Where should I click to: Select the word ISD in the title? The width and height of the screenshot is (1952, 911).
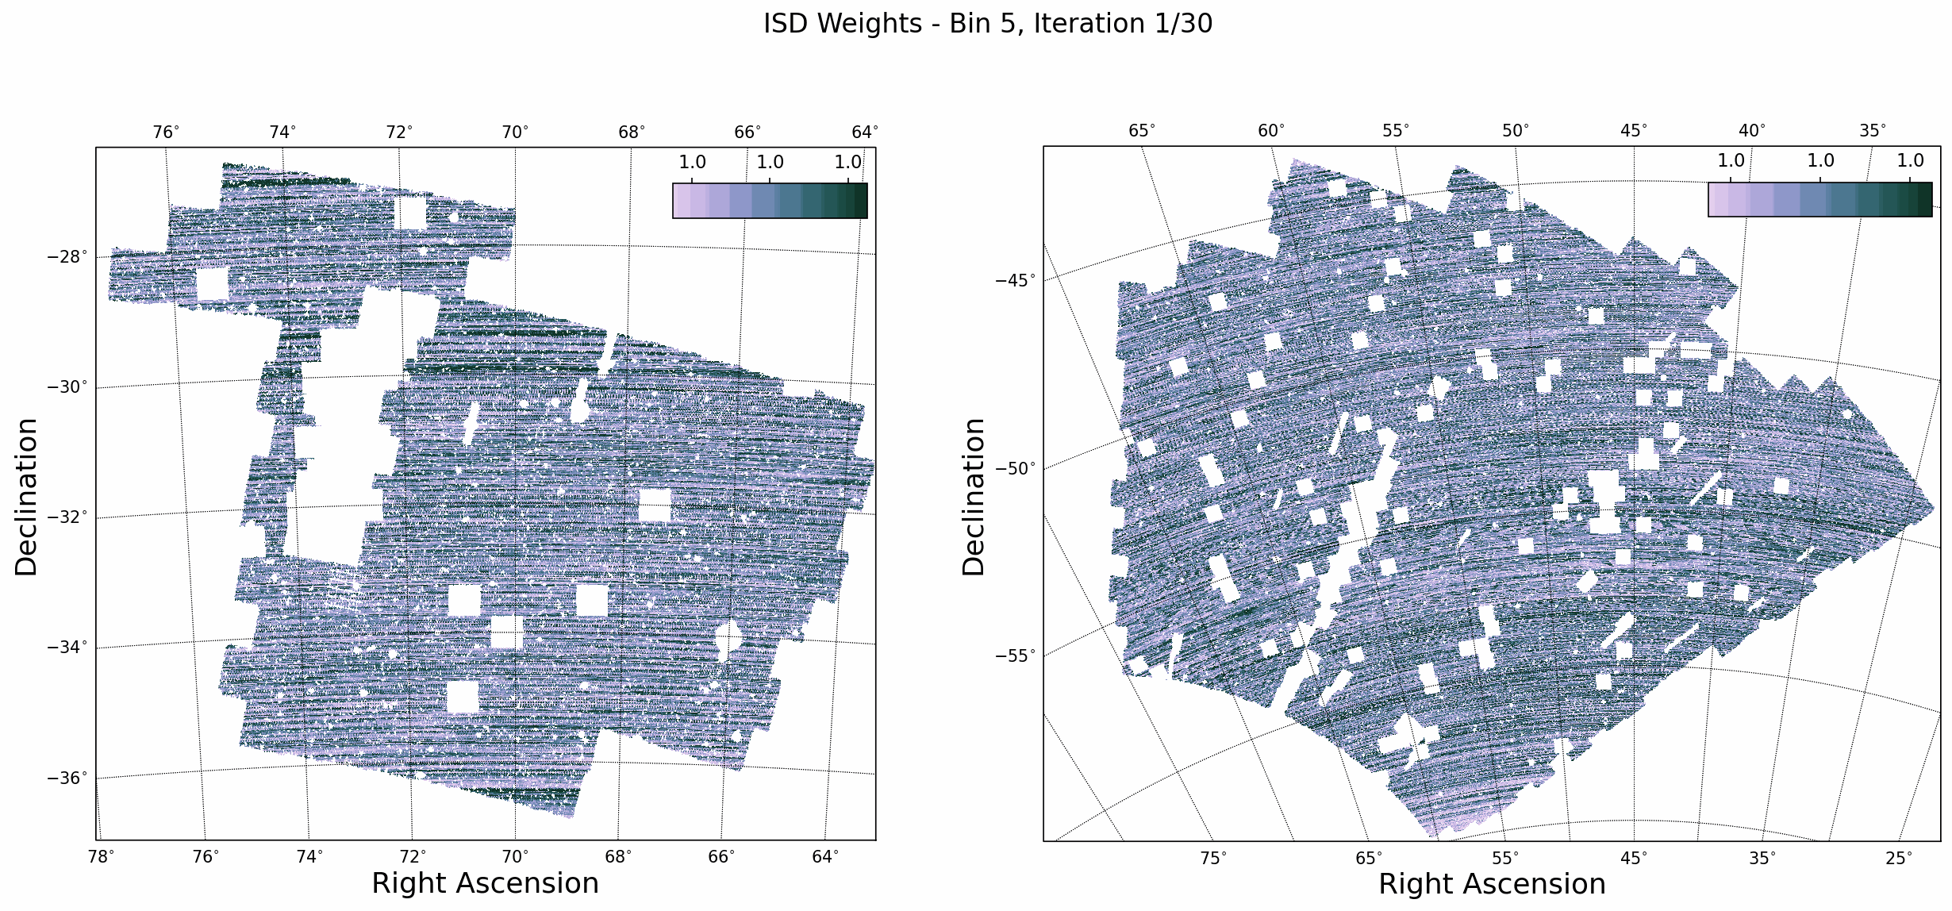pyautogui.click(x=786, y=24)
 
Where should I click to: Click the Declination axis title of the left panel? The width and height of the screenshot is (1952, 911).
pyautogui.click(x=26, y=497)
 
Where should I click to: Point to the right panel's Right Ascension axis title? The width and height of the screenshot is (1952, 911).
pyautogui.click(x=1492, y=884)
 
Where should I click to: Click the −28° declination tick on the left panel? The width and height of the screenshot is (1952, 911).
pyautogui.click(x=68, y=257)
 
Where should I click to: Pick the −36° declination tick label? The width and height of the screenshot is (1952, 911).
pyautogui.click(x=68, y=778)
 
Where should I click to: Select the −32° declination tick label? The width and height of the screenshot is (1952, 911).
pyautogui.click(x=68, y=517)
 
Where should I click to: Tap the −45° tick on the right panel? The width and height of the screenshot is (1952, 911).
pyautogui.click(x=1016, y=280)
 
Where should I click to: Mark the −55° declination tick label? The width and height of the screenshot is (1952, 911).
pyautogui.click(x=1016, y=655)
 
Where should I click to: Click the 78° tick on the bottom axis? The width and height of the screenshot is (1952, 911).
pyautogui.click(x=101, y=857)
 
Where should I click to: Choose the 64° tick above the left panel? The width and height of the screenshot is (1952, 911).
pyautogui.click(x=865, y=132)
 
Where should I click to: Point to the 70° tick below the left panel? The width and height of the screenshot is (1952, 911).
pyautogui.click(x=515, y=857)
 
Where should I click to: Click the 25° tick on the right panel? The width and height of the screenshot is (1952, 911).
pyautogui.click(x=1899, y=859)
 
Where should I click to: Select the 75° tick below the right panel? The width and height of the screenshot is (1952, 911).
pyautogui.click(x=1213, y=859)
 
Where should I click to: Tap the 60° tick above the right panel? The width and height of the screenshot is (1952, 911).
pyautogui.click(x=1271, y=131)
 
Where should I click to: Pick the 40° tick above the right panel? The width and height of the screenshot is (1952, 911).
pyautogui.click(x=1752, y=131)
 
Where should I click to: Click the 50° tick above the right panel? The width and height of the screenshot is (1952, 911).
pyautogui.click(x=1516, y=131)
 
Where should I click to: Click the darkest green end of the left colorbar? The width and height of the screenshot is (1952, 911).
pyautogui.click(x=860, y=201)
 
